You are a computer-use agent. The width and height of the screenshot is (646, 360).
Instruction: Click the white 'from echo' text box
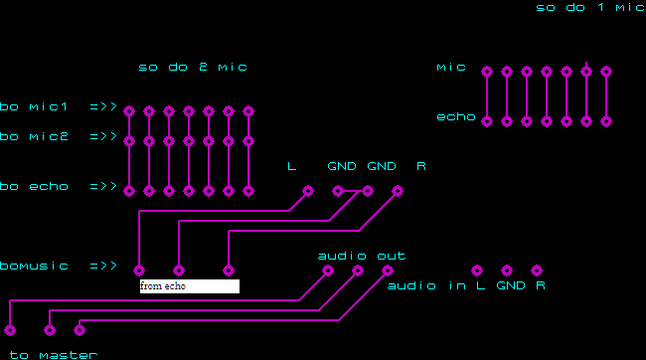[x=190, y=286]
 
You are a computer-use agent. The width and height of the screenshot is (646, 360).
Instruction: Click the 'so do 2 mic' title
[x=193, y=67]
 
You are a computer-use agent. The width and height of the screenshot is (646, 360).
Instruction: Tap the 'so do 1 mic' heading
[x=590, y=7]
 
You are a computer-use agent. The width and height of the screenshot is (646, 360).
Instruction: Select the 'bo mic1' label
[x=34, y=106]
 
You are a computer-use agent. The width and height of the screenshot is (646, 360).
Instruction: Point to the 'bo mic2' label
[x=34, y=136]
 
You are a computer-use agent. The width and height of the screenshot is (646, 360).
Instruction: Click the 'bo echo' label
[x=34, y=186]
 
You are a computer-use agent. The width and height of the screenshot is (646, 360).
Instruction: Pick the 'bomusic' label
[x=34, y=266]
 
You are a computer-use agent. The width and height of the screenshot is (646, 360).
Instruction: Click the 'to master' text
[x=54, y=355]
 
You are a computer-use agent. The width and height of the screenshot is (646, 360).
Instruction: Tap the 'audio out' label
[x=362, y=257]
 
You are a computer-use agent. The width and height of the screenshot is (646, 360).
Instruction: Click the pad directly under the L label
[x=308, y=191]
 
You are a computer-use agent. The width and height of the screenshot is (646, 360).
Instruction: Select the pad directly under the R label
[x=398, y=191]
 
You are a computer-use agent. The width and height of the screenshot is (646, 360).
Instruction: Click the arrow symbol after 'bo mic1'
[x=103, y=106]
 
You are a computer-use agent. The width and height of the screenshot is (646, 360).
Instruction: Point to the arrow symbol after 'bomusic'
[x=103, y=266]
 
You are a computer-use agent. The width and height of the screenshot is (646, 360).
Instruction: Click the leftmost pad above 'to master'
[x=10, y=330]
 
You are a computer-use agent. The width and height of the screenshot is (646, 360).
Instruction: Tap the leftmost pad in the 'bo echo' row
[x=129, y=191]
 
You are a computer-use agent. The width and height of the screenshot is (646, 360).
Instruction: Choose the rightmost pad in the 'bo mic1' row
[x=248, y=111]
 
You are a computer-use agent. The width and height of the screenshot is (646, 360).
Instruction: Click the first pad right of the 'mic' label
[x=487, y=72]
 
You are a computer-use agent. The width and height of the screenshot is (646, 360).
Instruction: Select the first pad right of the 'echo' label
[x=487, y=121]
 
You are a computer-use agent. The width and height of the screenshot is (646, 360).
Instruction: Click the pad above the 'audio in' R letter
[x=537, y=270]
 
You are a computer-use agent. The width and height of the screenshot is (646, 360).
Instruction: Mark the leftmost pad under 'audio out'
[x=328, y=270]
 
